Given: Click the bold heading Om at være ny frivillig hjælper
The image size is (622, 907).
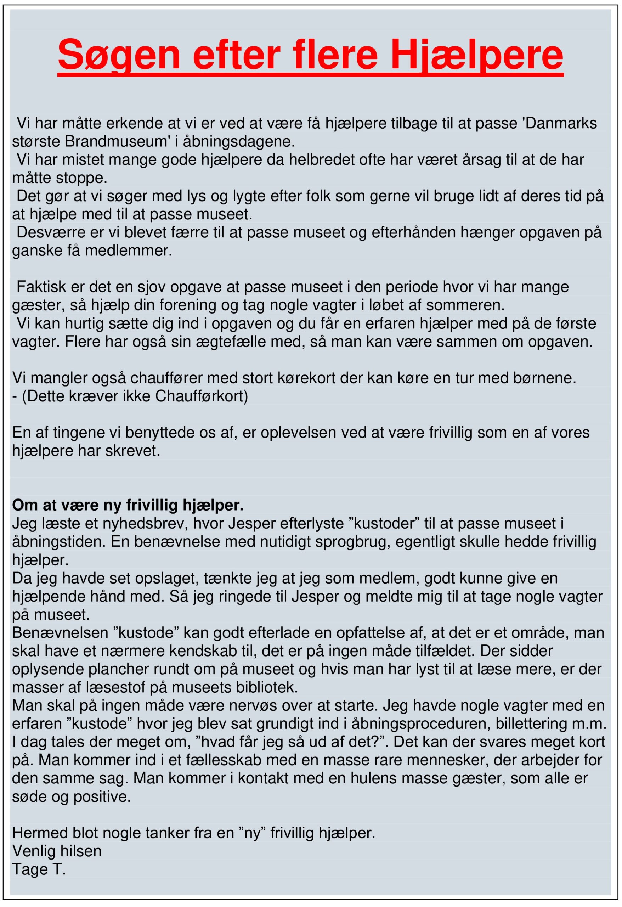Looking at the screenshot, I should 128,505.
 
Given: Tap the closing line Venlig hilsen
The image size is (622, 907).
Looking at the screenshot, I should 57,851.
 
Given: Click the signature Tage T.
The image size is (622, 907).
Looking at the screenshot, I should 39,869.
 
